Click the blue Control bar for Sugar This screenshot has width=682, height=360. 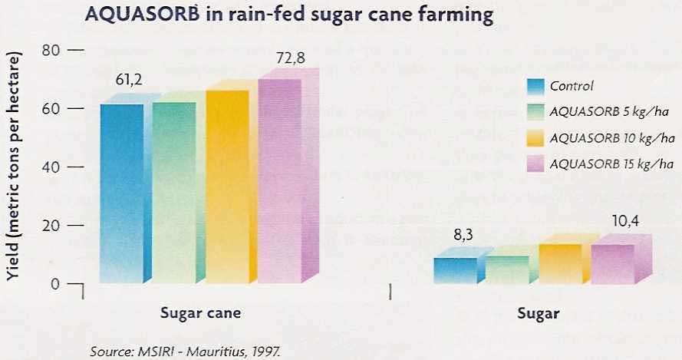[455, 270]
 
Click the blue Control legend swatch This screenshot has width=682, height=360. [535, 87]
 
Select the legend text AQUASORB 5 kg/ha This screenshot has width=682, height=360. [609, 113]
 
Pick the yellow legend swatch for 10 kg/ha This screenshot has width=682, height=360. [535, 138]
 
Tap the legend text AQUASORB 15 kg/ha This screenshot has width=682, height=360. [611, 163]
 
